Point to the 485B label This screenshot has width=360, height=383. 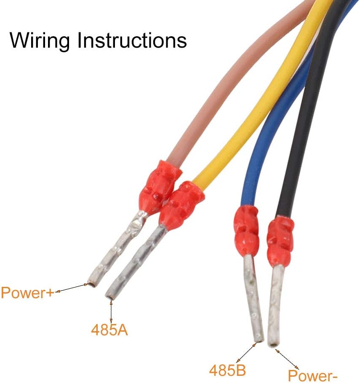tap(228, 370)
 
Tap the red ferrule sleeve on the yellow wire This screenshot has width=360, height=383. tap(181, 204)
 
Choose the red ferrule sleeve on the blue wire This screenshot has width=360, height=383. tap(246, 230)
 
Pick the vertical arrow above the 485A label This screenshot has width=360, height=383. tap(111, 311)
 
